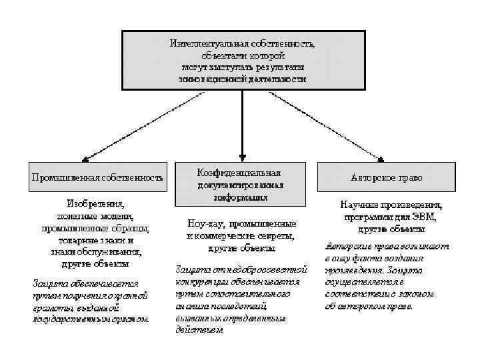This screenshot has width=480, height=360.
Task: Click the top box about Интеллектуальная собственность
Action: [243, 60]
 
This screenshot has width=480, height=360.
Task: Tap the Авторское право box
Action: [386, 178]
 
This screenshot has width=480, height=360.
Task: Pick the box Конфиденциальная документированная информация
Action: [241, 183]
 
